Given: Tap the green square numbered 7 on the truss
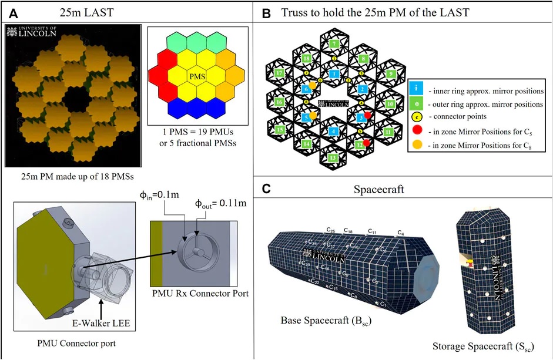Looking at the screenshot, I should tap(333, 43).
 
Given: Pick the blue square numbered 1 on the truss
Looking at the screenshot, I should tap(333, 74).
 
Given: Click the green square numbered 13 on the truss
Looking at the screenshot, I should tap(333, 157).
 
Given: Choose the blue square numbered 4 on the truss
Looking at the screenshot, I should tap(333, 131).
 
